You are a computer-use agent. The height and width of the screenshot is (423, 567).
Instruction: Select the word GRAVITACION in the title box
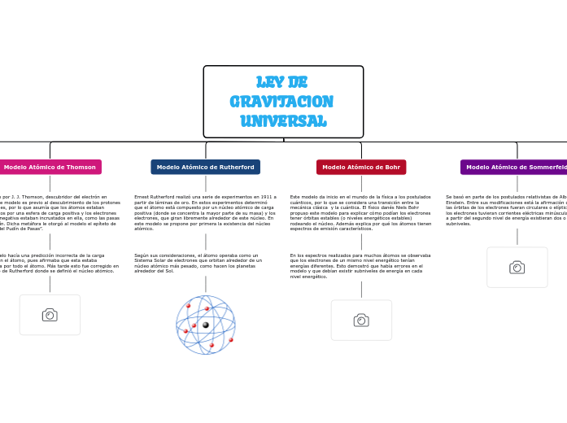281,102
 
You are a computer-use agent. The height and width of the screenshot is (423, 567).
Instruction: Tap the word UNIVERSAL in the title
283,121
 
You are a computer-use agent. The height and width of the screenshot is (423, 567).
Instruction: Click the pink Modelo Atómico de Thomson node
50,167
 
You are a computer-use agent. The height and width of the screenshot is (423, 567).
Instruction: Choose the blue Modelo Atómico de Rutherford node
205,167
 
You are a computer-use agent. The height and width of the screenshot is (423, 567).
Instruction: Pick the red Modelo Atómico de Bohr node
361,167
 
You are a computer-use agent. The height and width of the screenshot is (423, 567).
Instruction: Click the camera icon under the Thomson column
50,315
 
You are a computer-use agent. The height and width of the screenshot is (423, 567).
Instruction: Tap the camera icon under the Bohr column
361,321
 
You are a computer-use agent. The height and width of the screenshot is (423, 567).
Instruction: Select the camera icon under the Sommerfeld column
517,268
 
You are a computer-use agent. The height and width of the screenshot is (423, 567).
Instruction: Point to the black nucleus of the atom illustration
206,325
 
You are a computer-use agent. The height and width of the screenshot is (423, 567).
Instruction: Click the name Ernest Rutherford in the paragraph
150,197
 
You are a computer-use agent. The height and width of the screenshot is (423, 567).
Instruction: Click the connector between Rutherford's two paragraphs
206,242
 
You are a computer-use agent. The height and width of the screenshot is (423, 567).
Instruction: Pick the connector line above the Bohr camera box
361,290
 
